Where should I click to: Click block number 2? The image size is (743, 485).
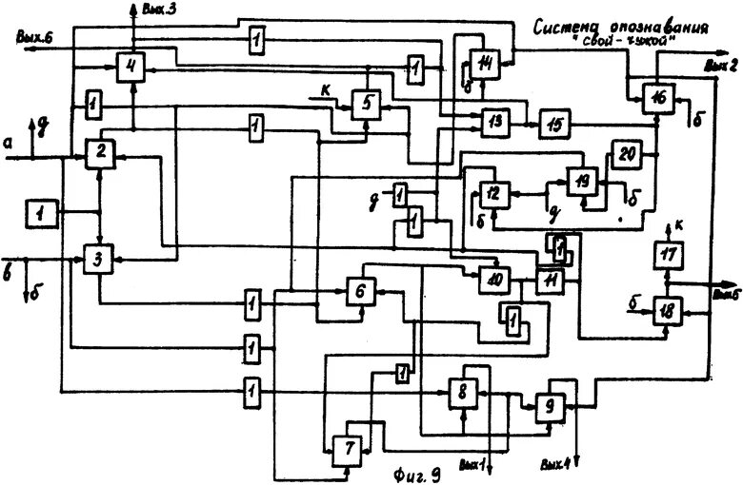99,153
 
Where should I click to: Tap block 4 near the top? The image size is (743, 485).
132,68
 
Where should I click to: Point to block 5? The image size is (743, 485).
365,104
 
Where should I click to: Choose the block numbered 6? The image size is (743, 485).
360,290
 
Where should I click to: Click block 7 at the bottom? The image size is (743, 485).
345,447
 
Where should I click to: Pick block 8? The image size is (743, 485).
462,392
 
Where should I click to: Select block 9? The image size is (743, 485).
550,405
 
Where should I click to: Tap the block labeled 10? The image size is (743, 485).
493,279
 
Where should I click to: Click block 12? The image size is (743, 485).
492,194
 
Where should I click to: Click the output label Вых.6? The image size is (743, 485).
35,36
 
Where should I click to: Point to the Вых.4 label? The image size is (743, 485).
552,465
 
